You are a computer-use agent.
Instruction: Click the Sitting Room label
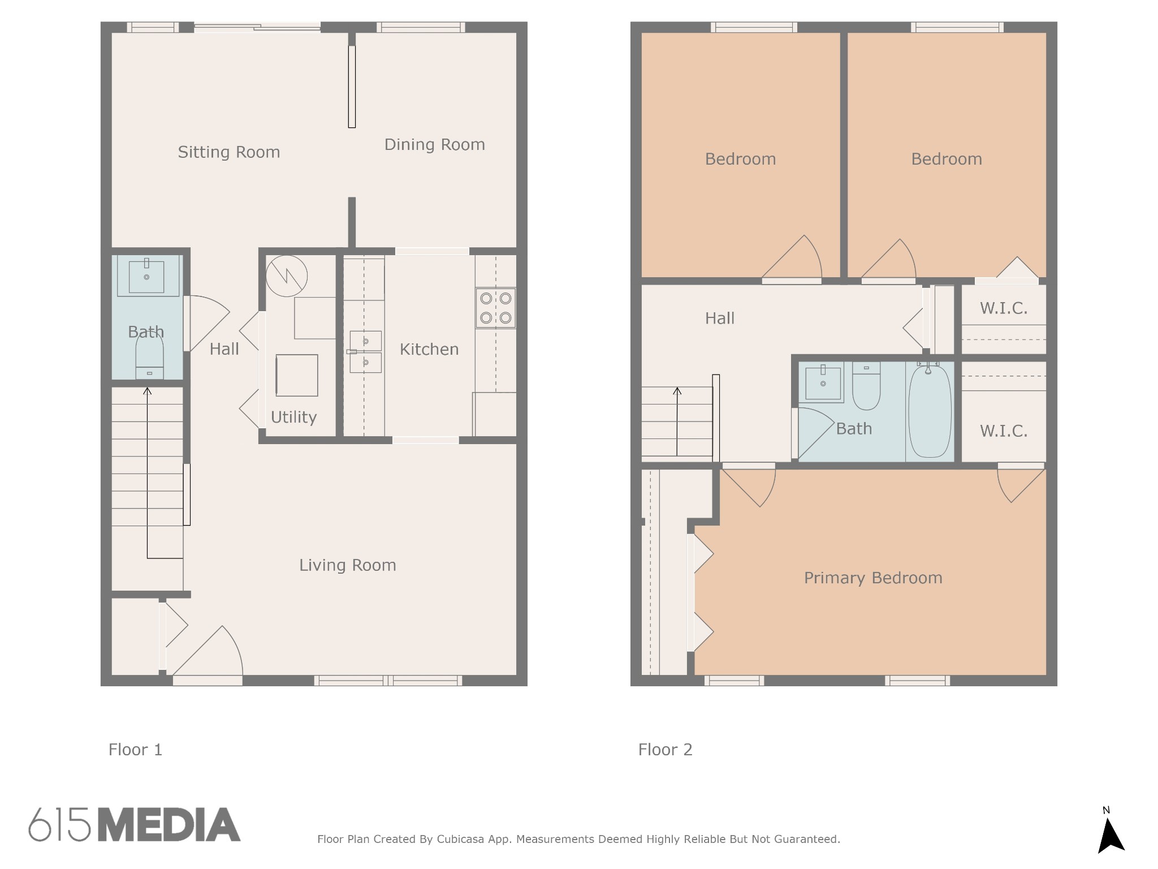[229, 152]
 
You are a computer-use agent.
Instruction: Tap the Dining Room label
[435, 145]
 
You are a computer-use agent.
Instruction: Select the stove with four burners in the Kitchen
[496, 308]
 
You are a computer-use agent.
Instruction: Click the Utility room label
[293, 418]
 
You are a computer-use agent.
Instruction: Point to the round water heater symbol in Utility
[287, 276]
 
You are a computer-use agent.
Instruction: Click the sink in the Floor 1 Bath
[147, 276]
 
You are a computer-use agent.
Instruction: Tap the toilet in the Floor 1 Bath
[150, 357]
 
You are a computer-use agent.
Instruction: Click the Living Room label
[348, 565]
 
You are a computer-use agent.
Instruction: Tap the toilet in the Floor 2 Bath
[866, 386]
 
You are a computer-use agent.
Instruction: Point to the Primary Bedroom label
[873, 578]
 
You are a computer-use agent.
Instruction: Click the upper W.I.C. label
[1004, 308]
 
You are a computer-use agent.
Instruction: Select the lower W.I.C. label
[1004, 431]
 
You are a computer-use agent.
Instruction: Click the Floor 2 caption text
[666, 750]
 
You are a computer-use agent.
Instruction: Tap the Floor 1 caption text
[136, 750]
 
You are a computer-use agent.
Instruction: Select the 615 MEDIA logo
[135, 824]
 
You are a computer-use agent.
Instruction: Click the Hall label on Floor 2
[720, 319]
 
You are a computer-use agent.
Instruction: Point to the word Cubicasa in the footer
[460, 839]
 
